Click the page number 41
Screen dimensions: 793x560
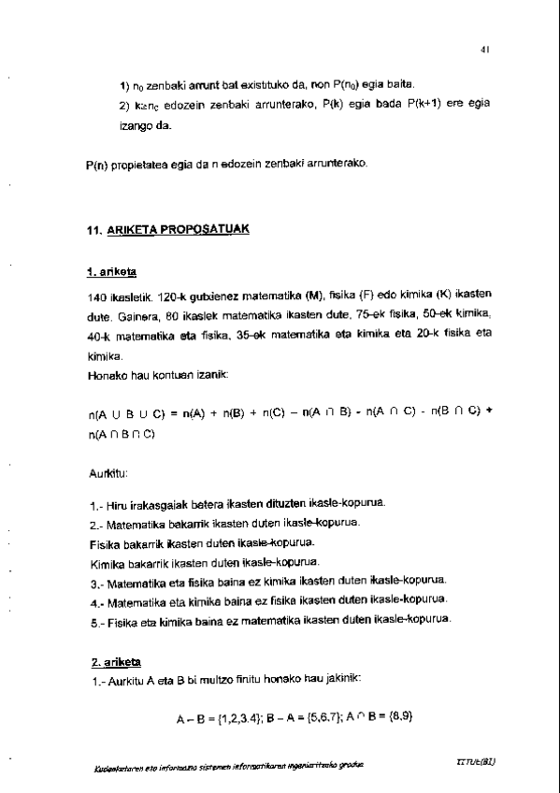pyautogui.click(x=486, y=50)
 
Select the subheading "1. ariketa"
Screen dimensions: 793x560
pyautogui.click(x=111, y=272)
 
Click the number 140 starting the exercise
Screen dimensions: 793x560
pyautogui.click(x=93, y=296)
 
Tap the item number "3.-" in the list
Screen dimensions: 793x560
pyautogui.click(x=94, y=581)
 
